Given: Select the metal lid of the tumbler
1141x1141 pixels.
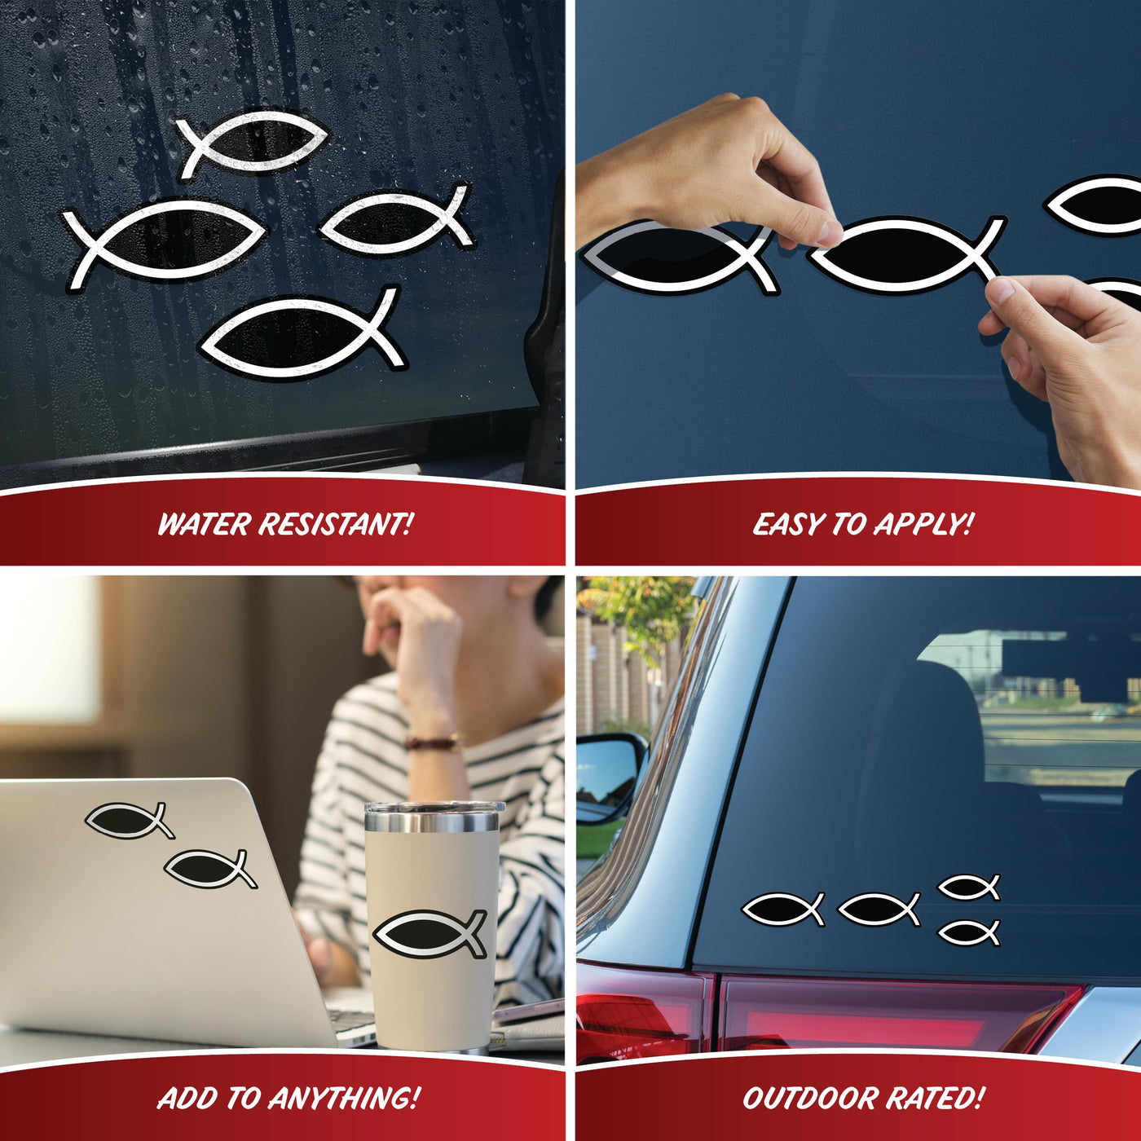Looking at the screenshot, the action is click(x=434, y=817).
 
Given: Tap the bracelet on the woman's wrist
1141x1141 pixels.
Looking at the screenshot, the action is click(x=433, y=742).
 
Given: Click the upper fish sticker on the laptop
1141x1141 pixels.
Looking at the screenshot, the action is click(x=130, y=820).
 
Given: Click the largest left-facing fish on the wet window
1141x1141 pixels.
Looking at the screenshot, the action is click(x=165, y=240).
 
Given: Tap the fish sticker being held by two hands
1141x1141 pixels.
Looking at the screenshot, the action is click(x=906, y=256).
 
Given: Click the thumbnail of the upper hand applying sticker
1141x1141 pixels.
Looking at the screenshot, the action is click(x=828, y=233).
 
